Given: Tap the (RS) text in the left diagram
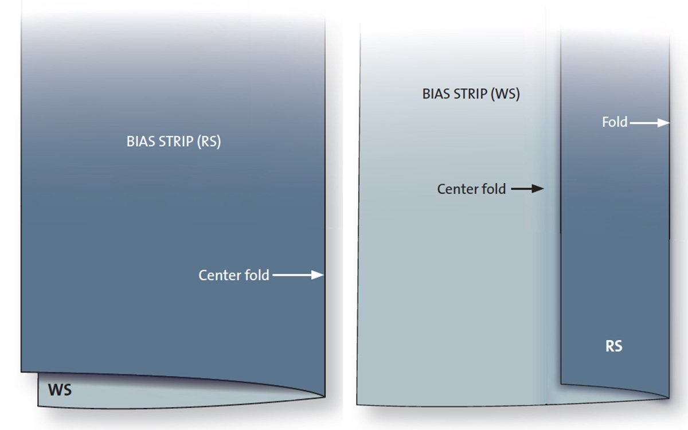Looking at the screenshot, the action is click(x=209, y=142).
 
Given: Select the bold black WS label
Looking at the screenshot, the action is click(x=60, y=390).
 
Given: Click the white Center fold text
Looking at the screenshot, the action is click(x=234, y=275).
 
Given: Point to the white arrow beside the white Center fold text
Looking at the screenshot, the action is click(x=298, y=275).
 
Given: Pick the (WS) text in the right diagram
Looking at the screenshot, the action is click(x=505, y=94).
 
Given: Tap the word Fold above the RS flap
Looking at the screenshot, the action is click(x=615, y=122).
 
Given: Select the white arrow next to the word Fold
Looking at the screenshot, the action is click(x=650, y=123).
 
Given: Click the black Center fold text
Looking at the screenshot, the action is click(x=471, y=189).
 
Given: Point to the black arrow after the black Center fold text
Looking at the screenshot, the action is click(x=527, y=189).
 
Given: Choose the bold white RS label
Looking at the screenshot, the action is click(x=613, y=346).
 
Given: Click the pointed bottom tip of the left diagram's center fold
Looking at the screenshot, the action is click(x=325, y=397).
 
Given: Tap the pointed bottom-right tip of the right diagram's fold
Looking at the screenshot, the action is click(x=669, y=398).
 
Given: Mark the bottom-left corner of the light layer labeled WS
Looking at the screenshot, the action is click(x=38, y=406).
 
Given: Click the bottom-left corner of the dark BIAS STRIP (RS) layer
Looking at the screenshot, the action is click(x=21, y=372).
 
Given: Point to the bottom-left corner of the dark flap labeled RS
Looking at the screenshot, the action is click(x=561, y=384).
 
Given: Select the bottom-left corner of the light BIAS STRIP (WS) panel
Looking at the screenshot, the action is click(x=357, y=405).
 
